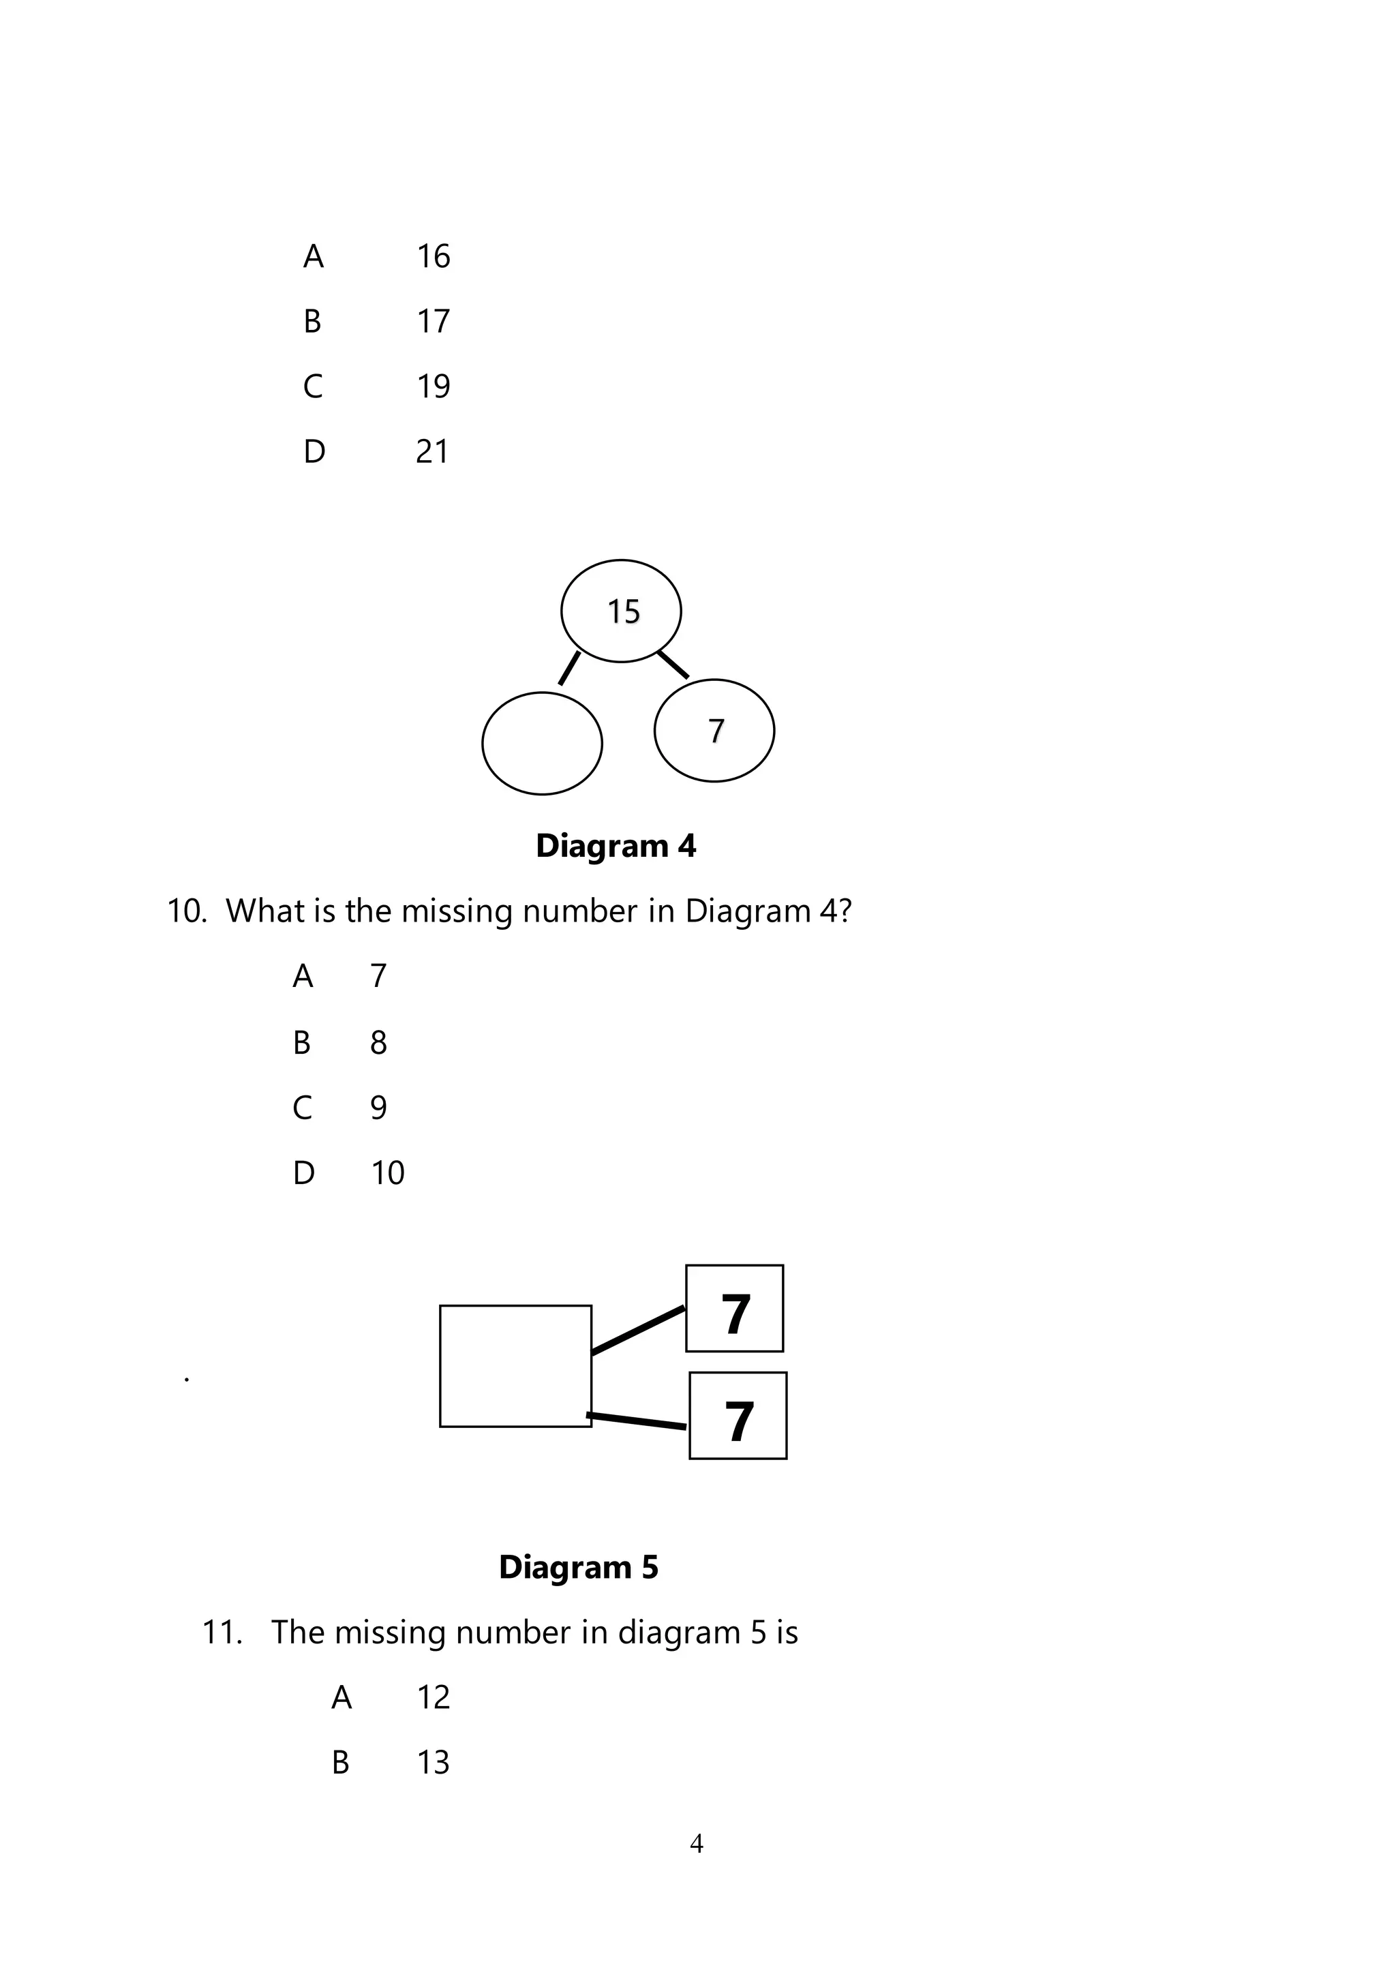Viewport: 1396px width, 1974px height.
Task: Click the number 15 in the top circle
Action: click(623, 611)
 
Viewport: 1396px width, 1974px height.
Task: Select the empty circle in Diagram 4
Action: click(541, 743)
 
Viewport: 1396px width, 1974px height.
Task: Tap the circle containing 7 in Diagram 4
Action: click(714, 730)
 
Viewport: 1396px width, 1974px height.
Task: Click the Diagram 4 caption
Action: click(616, 846)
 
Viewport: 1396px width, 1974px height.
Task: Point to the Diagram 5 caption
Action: click(579, 1566)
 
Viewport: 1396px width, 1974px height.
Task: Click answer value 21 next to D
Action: click(432, 451)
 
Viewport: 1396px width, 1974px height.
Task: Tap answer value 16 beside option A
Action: click(434, 256)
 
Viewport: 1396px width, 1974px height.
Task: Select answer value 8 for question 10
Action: click(378, 1042)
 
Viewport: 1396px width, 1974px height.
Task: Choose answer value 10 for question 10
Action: click(388, 1172)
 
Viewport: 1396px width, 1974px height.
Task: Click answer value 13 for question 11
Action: click(434, 1763)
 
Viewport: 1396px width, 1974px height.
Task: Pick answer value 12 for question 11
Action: click(434, 1697)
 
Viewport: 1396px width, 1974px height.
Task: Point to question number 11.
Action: click(222, 1632)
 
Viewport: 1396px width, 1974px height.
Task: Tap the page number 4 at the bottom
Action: click(696, 1843)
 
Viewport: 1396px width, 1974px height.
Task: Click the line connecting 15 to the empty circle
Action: click(569, 669)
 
